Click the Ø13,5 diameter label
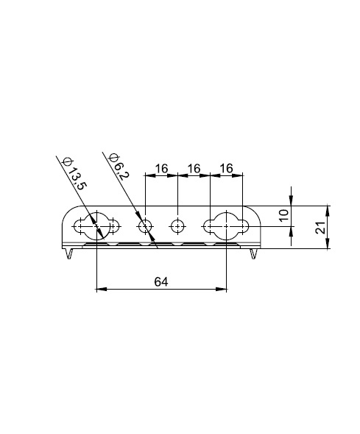point(74,173)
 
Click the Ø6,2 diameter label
point(119,166)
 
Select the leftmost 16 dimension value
point(161,168)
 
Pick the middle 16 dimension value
point(194,168)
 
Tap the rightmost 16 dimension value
point(227,168)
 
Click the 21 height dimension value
point(321,228)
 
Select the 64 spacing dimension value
point(161,281)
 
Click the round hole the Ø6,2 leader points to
point(146,226)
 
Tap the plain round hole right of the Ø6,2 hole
point(177,226)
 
